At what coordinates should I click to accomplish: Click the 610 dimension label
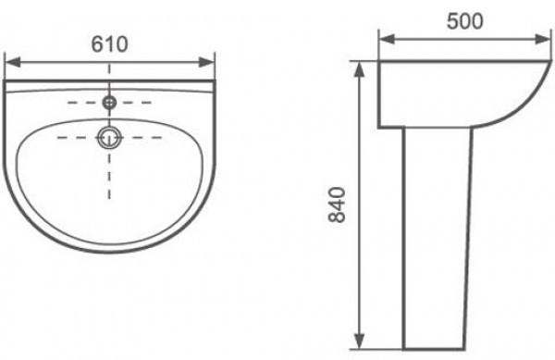coord(109,44)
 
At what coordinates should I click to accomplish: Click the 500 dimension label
coord(464,21)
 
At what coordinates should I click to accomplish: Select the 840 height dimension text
coord(337,205)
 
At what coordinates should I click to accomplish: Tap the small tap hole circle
coord(109,103)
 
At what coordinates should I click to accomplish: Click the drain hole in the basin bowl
coord(109,137)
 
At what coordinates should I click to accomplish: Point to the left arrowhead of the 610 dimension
coord(13,62)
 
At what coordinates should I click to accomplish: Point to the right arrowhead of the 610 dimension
coord(206,62)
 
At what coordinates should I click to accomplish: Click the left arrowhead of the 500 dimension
coord(387,39)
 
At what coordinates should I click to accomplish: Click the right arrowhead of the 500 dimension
coord(543,39)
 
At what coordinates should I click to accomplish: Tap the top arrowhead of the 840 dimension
coord(360,69)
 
